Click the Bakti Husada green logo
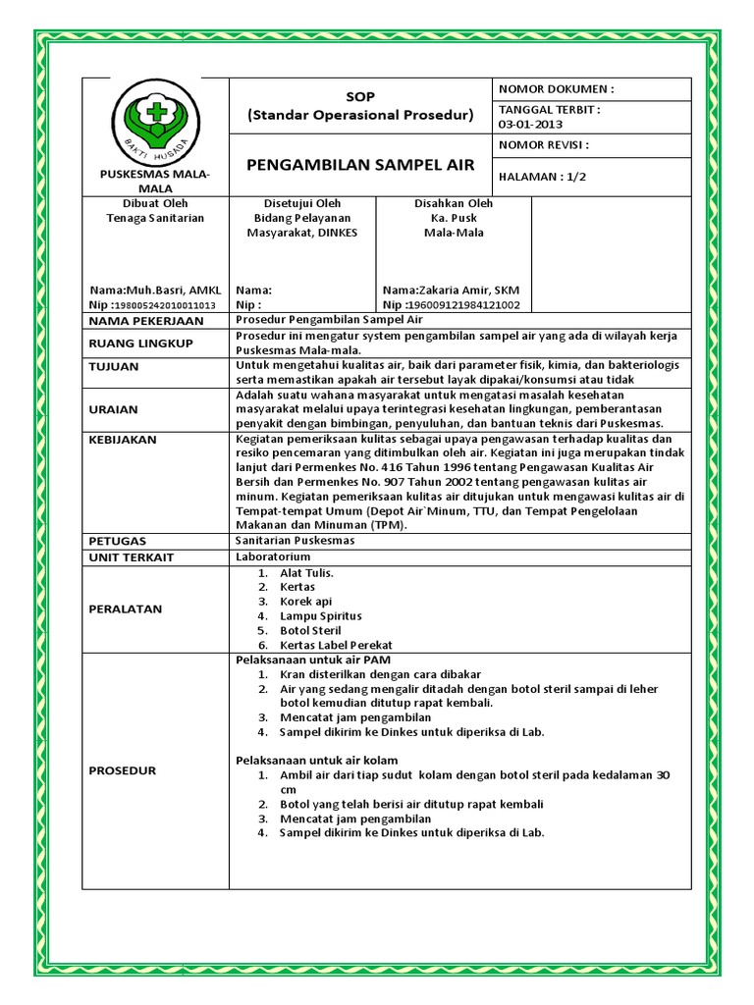(154, 123)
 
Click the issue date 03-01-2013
(531, 125)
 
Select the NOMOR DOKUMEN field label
(557, 89)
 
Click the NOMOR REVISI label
(544, 145)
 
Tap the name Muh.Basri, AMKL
(156, 291)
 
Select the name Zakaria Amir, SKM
(451, 291)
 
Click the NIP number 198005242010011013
(162, 305)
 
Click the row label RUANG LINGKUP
(140, 344)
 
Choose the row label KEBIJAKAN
(123, 440)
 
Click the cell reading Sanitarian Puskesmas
(296, 540)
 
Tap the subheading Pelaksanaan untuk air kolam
(316, 760)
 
